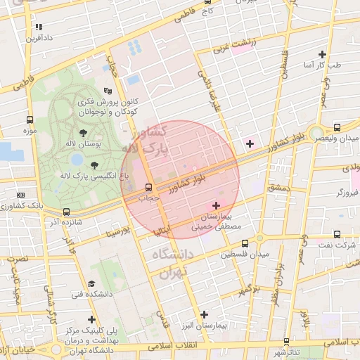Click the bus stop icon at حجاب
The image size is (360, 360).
[148, 188]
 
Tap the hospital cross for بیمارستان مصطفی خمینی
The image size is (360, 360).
[216, 205]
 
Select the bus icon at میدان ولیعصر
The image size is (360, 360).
[337, 127]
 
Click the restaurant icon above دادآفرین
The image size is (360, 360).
[38, 27]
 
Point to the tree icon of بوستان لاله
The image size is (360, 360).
[84, 132]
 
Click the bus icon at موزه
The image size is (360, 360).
[29, 120]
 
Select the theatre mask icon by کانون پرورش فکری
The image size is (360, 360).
[108, 91]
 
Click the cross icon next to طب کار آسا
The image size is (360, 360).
[322, 54]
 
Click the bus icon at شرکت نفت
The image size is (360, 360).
[337, 234]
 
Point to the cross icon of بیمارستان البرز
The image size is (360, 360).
[204, 314]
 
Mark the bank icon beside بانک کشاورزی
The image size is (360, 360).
[20, 195]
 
